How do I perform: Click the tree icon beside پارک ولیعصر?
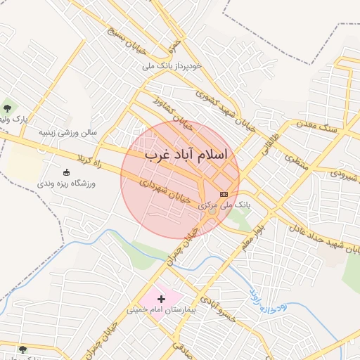[8, 108]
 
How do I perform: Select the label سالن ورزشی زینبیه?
[67, 131]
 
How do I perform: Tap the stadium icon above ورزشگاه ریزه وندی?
[67, 172]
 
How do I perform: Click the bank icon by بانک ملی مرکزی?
[224, 193]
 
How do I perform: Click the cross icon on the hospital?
[161, 299]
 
